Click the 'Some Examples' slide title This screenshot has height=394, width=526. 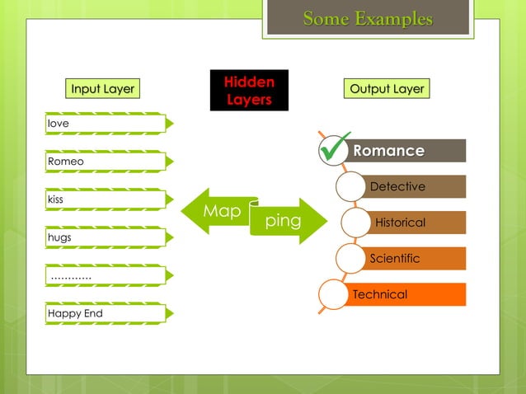pos(368,18)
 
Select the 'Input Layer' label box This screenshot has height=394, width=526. pos(102,89)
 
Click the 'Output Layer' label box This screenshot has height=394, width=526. pos(387,89)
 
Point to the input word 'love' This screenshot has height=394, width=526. pos(59,124)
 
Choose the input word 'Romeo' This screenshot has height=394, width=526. pos(66,162)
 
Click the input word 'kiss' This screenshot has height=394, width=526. pos(57,199)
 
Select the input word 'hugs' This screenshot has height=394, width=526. pos(59,237)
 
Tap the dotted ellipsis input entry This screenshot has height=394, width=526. pos(71,276)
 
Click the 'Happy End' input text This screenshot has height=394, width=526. pos(75,314)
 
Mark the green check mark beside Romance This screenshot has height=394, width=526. pos(335,148)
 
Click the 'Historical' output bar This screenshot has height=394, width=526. pos(401,223)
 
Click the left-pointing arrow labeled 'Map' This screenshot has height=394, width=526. pos(216,211)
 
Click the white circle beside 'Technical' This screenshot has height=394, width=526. pos(334,295)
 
